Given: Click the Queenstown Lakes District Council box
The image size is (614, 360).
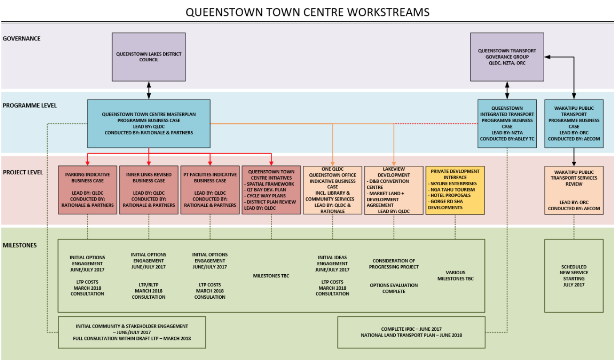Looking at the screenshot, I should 148,57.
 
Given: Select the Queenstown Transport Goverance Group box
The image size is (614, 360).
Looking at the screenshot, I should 507,57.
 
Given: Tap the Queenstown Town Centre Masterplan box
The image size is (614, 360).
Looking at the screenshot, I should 148,123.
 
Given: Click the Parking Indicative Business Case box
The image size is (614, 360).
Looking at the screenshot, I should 88,190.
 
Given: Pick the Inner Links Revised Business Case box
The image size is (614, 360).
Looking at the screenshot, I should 148,190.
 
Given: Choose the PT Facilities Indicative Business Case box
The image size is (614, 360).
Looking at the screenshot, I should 210,190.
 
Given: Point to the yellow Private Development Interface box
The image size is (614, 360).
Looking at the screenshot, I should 455,190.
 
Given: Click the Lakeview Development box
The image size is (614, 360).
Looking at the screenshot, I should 393,190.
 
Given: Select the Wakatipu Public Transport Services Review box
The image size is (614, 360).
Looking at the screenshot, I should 574,190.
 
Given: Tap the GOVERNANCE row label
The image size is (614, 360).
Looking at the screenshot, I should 21,39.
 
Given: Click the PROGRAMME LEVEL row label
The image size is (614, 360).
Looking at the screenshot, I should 29,106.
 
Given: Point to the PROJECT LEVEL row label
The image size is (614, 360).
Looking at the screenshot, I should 23,172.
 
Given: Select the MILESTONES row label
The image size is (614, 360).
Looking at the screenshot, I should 20,245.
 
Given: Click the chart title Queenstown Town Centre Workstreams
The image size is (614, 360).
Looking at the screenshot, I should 307,12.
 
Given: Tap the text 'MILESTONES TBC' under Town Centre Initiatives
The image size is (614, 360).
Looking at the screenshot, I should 271,276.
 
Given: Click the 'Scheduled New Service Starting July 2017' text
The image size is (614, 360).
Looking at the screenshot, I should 574,276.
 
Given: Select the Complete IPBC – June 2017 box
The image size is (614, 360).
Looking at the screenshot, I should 411,332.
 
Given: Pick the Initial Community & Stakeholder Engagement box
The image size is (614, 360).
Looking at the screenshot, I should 132,332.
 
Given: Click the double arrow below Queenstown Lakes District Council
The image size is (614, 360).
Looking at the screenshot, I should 148,90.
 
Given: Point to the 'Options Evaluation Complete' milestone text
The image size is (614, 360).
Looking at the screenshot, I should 393,288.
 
